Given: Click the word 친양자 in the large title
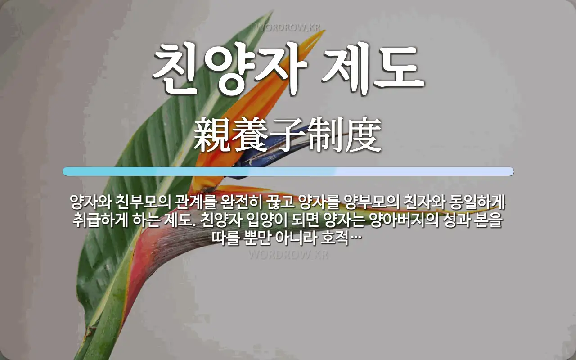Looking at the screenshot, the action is [x=230, y=68].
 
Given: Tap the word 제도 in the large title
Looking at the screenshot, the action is [x=373, y=68].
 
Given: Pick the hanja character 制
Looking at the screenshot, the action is [x=325, y=135].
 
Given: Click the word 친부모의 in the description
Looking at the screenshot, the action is [x=143, y=202].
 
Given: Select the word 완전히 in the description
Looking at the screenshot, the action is [x=241, y=202].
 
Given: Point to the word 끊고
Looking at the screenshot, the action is [x=280, y=202].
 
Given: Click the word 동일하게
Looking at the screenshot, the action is [x=477, y=202].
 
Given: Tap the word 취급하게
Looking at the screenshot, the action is [x=100, y=220].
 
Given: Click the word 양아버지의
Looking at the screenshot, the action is [x=404, y=220].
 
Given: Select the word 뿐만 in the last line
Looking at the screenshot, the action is [x=256, y=238].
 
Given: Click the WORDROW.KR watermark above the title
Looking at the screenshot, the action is [x=288, y=27].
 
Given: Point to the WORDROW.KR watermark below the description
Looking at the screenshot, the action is [x=288, y=255].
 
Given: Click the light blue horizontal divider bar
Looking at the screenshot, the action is [x=288, y=171].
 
